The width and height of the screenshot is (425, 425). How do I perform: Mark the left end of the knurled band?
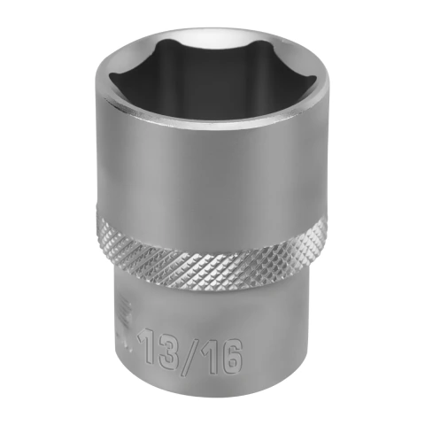98,228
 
